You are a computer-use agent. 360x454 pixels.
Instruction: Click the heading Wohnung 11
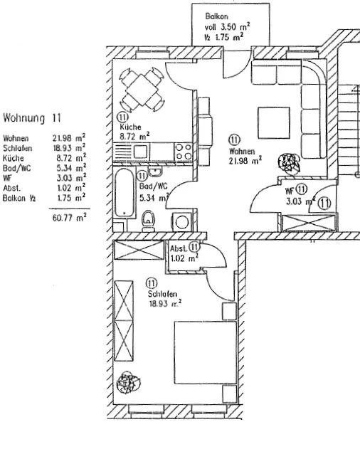(x=32, y=118)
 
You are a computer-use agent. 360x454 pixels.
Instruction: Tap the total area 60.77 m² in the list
(x=70, y=217)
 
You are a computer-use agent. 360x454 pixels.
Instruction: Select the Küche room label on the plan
(x=130, y=127)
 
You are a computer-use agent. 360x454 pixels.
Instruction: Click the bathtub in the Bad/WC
(x=125, y=193)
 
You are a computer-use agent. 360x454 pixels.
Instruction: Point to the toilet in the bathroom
(x=148, y=221)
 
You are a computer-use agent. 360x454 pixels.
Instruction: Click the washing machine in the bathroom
(x=181, y=222)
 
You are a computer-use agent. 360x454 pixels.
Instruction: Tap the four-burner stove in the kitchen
(x=184, y=152)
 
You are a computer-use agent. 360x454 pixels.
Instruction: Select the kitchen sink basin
(x=140, y=152)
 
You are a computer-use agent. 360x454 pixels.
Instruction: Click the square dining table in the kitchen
(x=142, y=90)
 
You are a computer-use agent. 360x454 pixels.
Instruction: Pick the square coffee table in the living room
(x=274, y=123)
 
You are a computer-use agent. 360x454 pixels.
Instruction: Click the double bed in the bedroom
(x=206, y=353)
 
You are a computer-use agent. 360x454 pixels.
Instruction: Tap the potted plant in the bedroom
(x=129, y=383)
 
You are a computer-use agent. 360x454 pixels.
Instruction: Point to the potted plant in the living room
(x=289, y=164)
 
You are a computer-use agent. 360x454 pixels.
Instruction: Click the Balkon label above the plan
(x=217, y=16)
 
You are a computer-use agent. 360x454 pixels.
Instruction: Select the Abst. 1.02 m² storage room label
(x=184, y=253)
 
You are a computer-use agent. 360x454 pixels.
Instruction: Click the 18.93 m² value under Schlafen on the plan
(x=165, y=303)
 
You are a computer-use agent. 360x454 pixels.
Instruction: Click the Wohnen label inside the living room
(x=242, y=151)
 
